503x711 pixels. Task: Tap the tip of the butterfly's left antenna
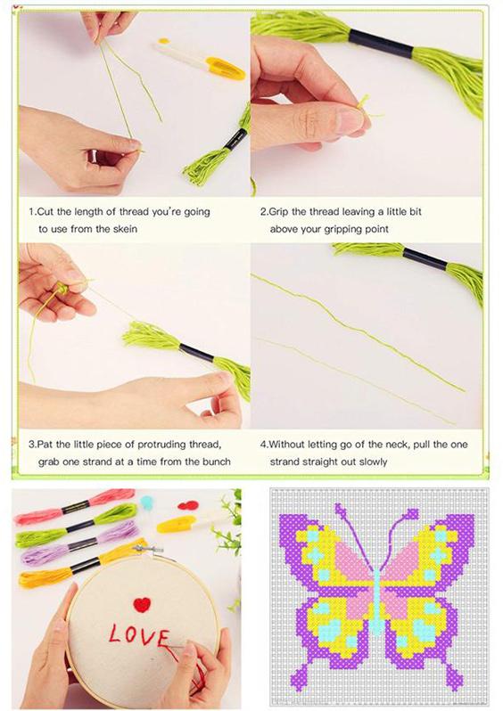coord(340,509)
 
